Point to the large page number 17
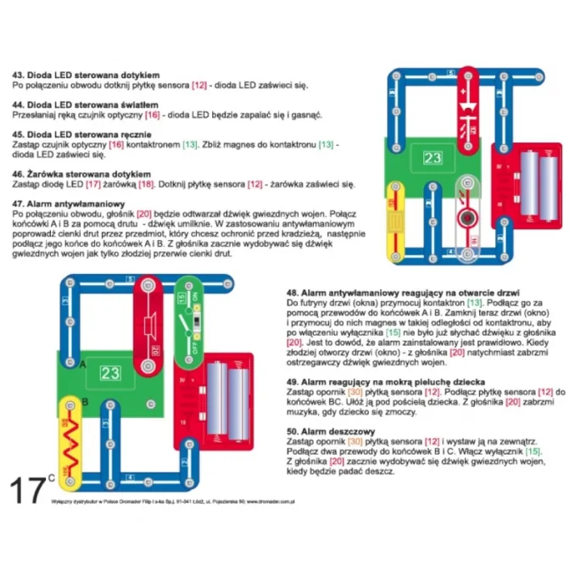click(x=28, y=490)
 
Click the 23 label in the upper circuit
click(x=433, y=158)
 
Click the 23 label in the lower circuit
click(x=110, y=372)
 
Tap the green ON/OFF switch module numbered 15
click(x=187, y=322)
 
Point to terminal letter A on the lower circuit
click(x=83, y=365)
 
